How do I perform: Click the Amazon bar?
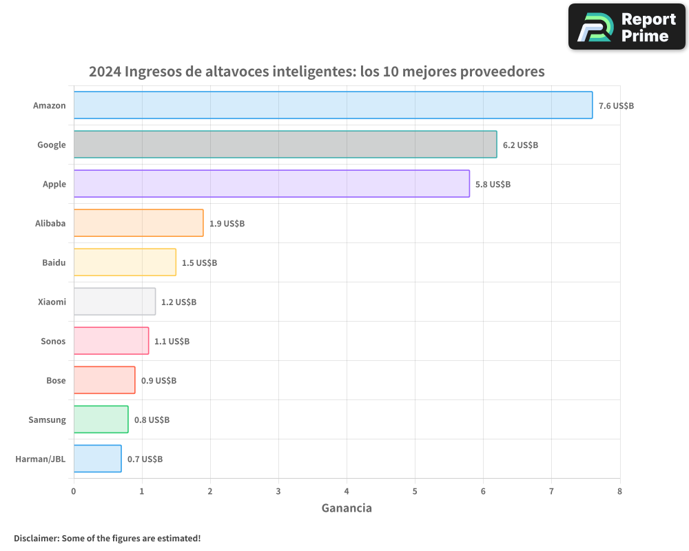333,105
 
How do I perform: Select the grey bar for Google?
285,145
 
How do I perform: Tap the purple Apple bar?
271,184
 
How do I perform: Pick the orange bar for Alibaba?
138,223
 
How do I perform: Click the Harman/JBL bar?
97,459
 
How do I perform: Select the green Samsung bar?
101,419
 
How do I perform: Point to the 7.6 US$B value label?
616,106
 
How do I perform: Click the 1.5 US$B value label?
199,263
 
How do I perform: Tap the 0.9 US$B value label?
158,381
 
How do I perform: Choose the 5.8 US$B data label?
493,185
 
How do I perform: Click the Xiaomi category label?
52,302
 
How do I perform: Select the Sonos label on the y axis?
54,341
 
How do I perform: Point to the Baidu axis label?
54,262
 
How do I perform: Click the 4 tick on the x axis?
347,491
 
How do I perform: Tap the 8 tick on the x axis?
619,491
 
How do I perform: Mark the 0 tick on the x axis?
74,491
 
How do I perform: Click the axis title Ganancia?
347,508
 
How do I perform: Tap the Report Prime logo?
627,27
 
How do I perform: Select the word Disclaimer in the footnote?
36,538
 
